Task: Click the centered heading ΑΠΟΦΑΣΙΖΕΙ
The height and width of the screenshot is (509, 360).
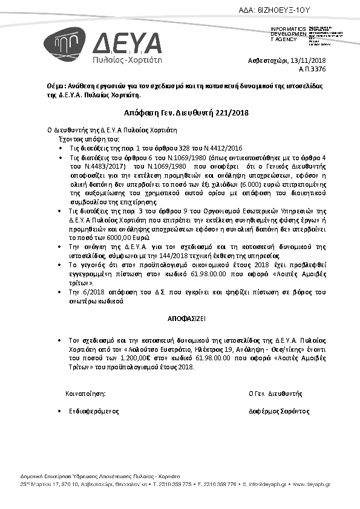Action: click(180, 317)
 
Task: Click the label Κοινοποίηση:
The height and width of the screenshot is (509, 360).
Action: click(85, 393)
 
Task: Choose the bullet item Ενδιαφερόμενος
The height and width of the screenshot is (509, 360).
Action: click(94, 411)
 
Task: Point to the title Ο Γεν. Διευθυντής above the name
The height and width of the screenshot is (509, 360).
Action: click(275, 393)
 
